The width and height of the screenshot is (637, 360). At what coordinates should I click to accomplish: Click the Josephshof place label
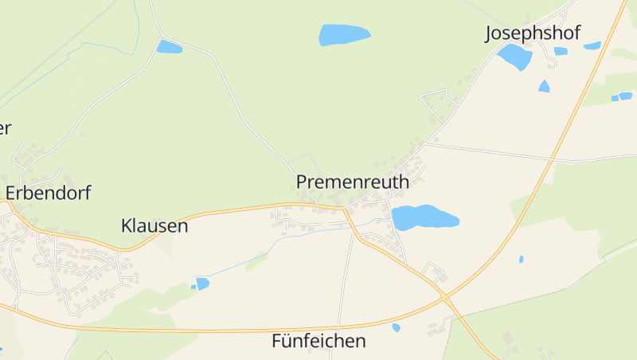pos(533,33)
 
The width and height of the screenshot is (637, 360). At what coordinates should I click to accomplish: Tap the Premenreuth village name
pos(353,182)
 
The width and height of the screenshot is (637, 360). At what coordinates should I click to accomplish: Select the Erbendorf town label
pos(48,193)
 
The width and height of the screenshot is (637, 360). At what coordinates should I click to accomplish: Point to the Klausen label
pos(154,225)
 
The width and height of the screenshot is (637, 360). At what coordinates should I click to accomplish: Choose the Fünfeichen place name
pos(318,341)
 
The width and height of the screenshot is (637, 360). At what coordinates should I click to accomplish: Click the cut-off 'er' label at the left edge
pos(5,127)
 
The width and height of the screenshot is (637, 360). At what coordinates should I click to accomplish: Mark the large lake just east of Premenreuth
pos(423,217)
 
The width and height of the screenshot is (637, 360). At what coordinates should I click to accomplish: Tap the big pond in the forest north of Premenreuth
pos(343,35)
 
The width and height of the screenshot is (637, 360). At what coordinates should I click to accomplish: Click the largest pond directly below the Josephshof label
pos(515,57)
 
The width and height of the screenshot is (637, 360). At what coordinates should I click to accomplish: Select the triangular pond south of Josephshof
pos(544,86)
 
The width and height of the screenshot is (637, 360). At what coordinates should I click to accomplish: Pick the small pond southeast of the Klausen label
pos(202,284)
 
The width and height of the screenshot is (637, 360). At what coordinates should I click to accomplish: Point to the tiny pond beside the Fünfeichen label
pos(396,327)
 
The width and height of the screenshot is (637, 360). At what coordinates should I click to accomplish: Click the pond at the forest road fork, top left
pos(169,47)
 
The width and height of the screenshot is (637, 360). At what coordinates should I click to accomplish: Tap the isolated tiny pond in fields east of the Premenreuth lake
pos(521,259)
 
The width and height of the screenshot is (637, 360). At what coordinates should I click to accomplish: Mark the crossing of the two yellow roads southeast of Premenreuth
pos(444,298)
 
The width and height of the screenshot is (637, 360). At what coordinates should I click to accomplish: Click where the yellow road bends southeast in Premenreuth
pos(346,211)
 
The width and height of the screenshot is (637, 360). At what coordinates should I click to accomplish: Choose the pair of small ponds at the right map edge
pos(621,96)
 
